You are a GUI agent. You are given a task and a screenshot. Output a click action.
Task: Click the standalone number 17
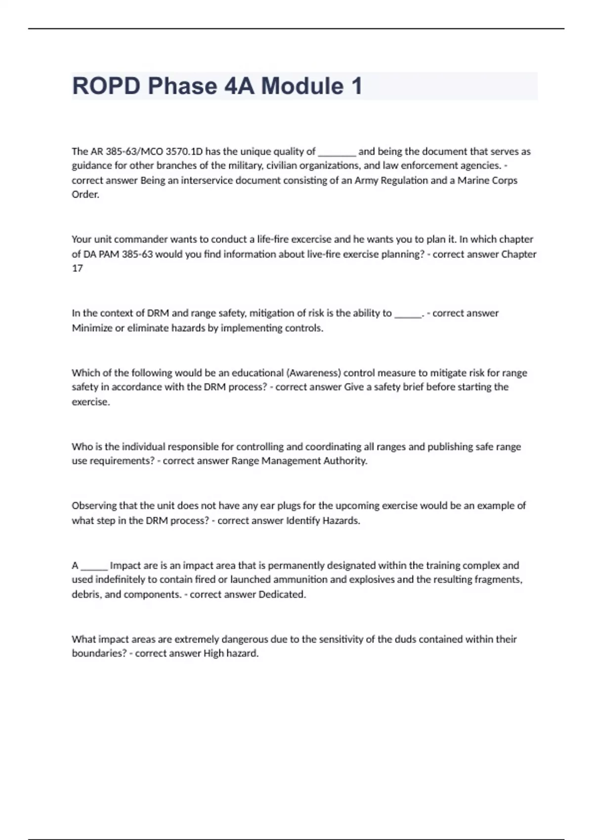pyautogui.click(x=78, y=268)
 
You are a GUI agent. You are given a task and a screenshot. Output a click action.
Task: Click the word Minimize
pyautogui.click(x=92, y=328)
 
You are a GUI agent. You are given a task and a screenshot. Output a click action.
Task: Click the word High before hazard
pyautogui.click(x=214, y=654)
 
